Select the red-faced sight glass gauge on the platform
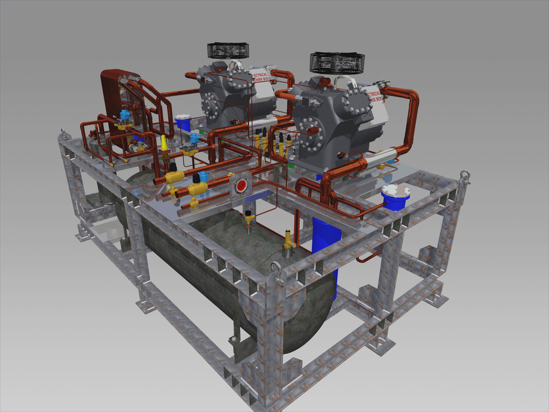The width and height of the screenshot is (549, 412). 241,186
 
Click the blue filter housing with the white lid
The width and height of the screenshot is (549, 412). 395,196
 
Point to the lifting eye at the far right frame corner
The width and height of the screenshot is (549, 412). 463,176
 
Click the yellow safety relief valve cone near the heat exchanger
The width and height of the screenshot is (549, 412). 164,143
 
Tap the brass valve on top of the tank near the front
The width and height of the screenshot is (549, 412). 289,241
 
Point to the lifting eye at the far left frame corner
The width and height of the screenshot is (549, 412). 63,135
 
